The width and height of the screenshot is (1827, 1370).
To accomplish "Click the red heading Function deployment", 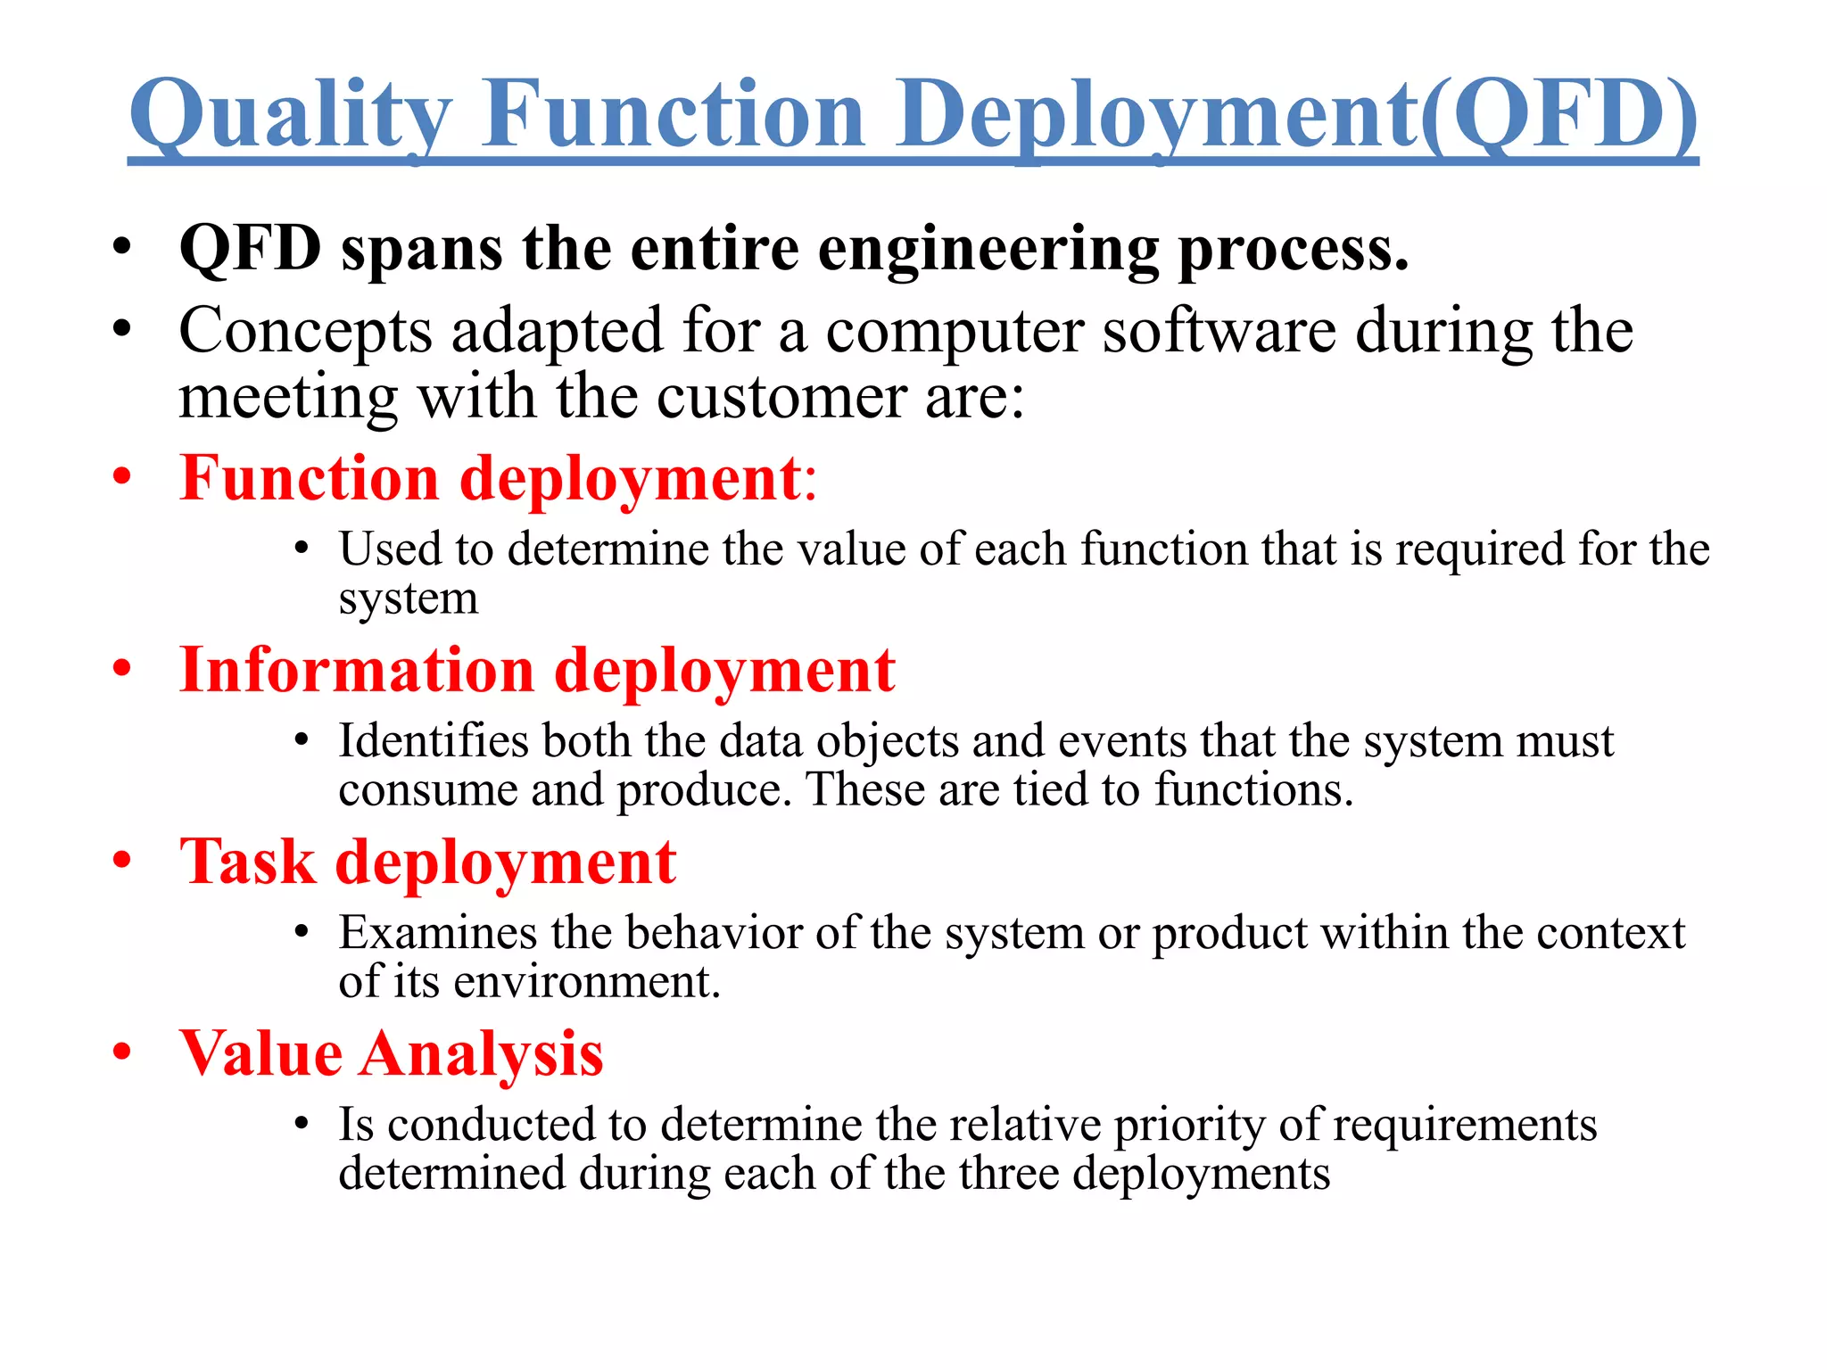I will pyautogui.click(x=491, y=479).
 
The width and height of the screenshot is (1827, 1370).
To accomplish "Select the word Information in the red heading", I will pyautogui.click(x=357, y=671).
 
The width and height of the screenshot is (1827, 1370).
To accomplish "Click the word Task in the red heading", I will pyautogui.click(x=248, y=862).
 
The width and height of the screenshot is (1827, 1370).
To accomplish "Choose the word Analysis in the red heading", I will pyautogui.click(x=482, y=1054).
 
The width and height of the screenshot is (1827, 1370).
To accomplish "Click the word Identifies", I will pyautogui.click(x=434, y=741).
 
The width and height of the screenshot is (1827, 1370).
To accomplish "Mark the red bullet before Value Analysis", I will pyautogui.click(x=122, y=1052).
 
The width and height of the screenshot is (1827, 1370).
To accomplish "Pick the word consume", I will pyautogui.click(x=427, y=791).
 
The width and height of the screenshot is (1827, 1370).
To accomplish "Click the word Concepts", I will pyautogui.click(x=306, y=332).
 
